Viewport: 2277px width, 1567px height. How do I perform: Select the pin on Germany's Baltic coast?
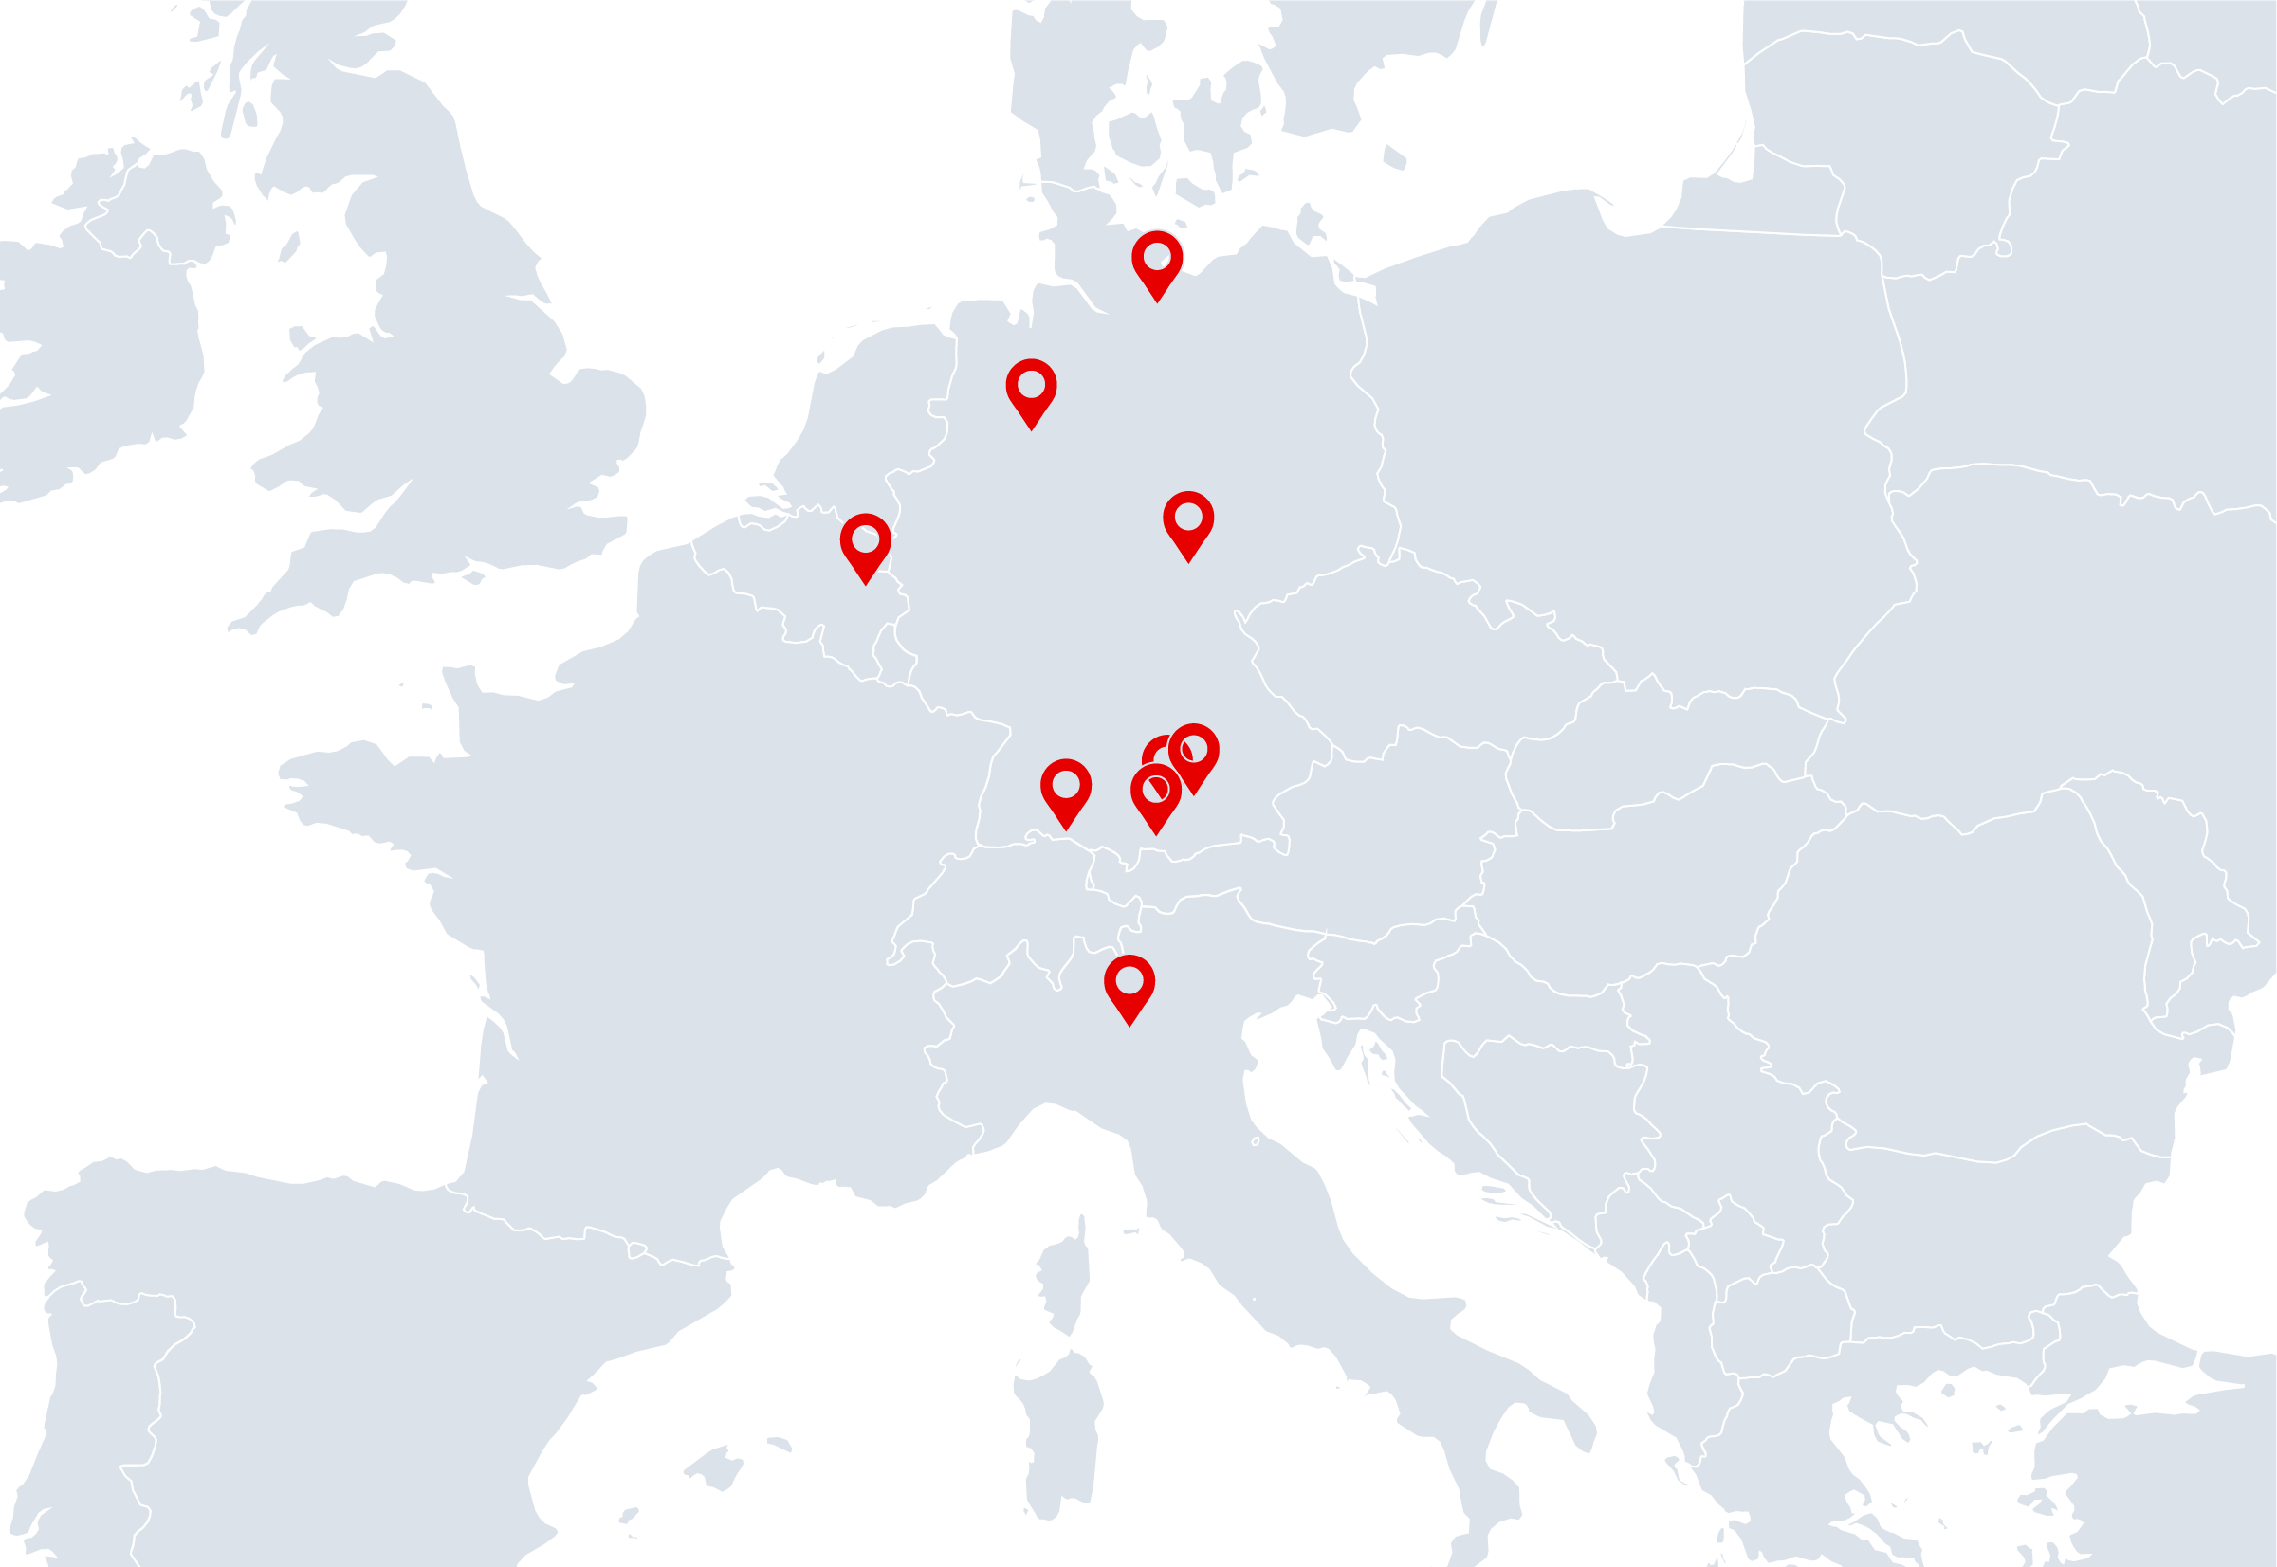1156,259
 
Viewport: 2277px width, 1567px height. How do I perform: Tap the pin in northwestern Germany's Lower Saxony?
1031,387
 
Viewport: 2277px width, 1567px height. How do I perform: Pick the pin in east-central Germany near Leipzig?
1187,519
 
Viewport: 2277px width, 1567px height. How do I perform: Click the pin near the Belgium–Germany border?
865,542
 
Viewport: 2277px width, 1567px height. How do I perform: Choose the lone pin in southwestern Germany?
1065,788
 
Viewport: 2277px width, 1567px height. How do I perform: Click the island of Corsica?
1065,1276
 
